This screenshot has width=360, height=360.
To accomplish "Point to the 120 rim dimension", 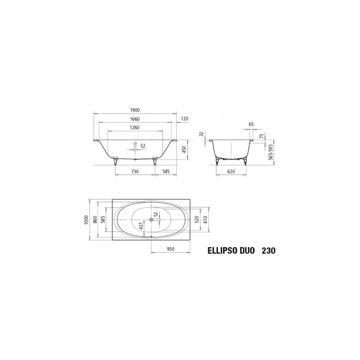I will [x=184, y=119].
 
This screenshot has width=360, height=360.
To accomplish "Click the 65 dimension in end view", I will [x=251, y=124].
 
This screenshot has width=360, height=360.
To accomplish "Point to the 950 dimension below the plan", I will [x=171, y=248].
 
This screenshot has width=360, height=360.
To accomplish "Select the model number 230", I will [x=268, y=252].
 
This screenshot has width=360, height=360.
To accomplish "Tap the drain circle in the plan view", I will [x=152, y=219].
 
